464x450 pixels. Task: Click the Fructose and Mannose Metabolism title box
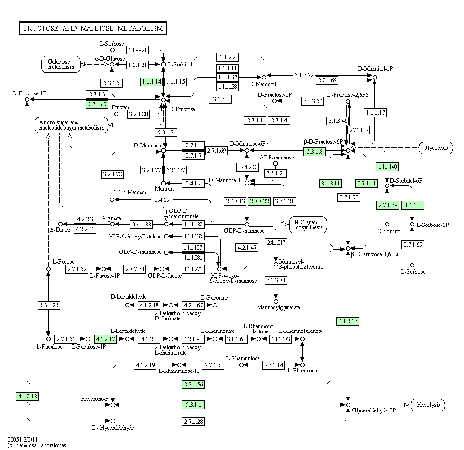pyautogui.click(x=92, y=28)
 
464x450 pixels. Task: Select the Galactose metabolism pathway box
pyautogui.click(x=61, y=64)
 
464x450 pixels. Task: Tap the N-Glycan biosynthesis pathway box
pyautogui.click(x=309, y=225)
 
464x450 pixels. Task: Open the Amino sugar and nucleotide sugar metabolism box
pyautogui.click(x=71, y=125)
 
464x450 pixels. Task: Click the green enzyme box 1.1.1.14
pyautogui.click(x=152, y=82)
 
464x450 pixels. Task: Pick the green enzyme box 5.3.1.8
pyautogui.click(x=315, y=152)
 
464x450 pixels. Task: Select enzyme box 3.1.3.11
pyautogui.click(x=331, y=184)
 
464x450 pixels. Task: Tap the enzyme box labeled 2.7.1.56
pyautogui.click(x=193, y=384)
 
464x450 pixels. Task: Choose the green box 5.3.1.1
pyautogui.click(x=193, y=405)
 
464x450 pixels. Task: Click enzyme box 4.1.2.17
pyautogui.click(x=105, y=339)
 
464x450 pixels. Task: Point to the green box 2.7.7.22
pyautogui.click(x=259, y=201)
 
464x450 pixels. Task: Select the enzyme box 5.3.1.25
pyautogui.click(x=49, y=305)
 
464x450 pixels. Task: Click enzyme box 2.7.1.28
pyautogui.click(x=193, y=421)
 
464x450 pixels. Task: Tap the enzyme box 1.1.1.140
pyautogui.click(x=387, y=167)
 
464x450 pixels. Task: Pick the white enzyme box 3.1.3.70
pyautogui.click(x=276, y=280)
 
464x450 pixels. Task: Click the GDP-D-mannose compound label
pyautogui.click(x=244, y=231)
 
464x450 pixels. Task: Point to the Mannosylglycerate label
pyautogui.click(x=279, y=307)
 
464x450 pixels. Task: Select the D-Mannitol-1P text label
pyautogui.click(x=375, y=69)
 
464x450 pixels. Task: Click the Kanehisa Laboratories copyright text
pyautogui.click(x=37, y=445)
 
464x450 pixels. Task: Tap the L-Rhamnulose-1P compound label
pyautogui.click(x=180, y=371)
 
